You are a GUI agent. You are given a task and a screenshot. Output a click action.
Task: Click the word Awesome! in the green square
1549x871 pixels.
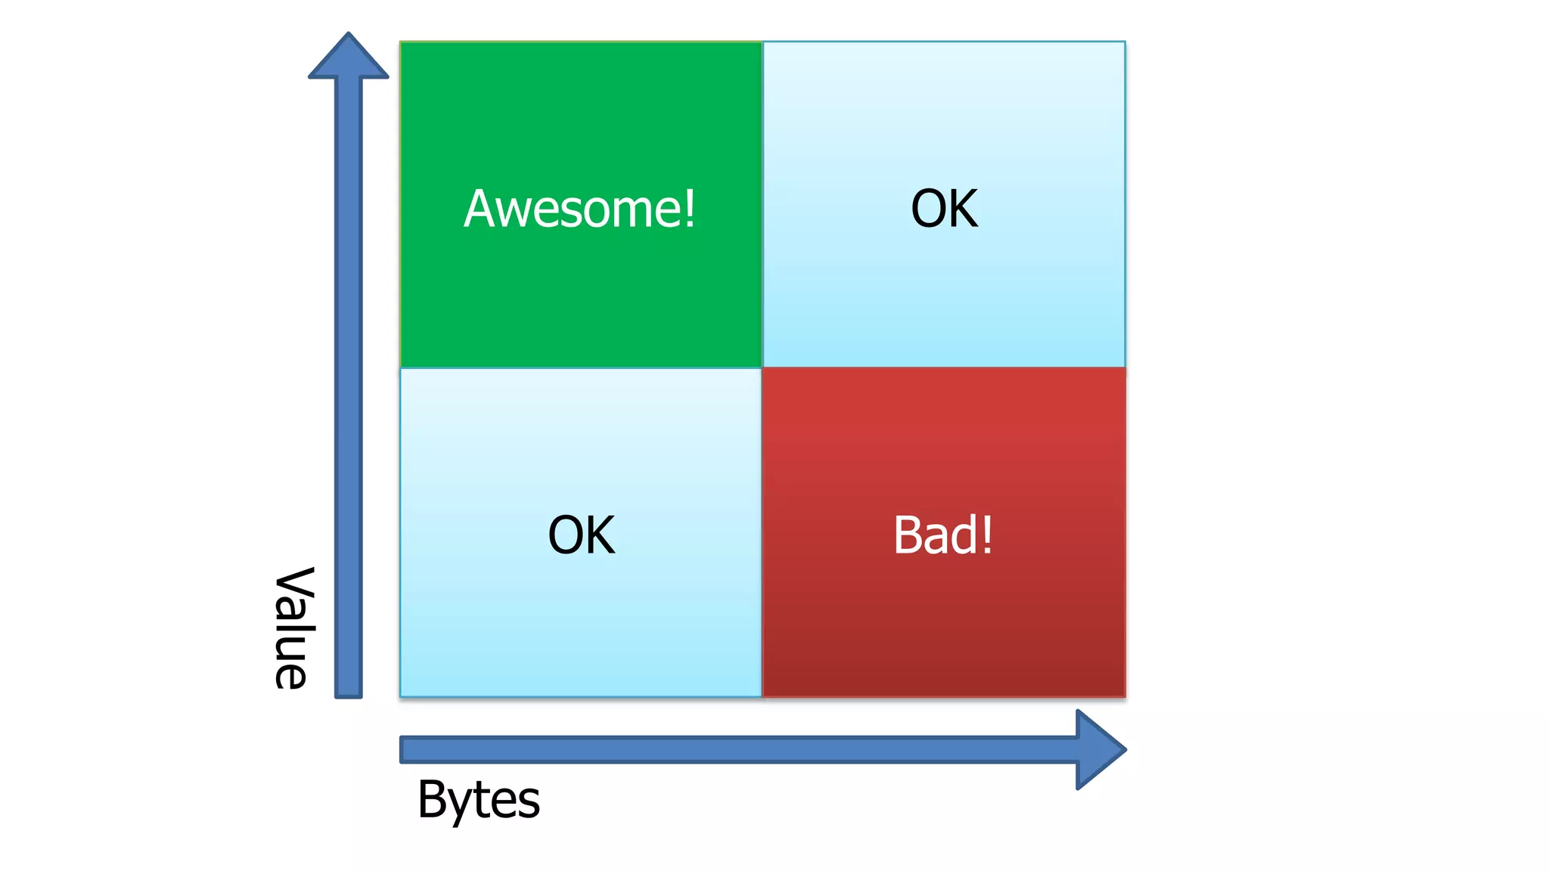[x=579, y=209]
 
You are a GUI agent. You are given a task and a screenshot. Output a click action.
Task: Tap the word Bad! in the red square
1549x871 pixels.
[x=942, y=535]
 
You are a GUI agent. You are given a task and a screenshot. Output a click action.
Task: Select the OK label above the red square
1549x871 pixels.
[x=944, y=209]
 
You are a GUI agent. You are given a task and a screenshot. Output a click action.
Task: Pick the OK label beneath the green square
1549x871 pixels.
[x=581, y=535]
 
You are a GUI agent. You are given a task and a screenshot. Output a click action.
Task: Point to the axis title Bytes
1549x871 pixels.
[x=478, y=800]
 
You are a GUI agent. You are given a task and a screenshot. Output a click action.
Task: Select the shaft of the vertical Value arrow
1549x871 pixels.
[x=349, y=378]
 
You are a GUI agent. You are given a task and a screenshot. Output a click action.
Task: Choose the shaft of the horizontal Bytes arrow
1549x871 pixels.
[x=734, y=749]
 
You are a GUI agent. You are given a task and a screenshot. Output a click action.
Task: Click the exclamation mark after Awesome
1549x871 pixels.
[x=688, y=209]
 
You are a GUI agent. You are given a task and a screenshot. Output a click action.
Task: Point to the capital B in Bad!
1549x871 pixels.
[x=908, y=535]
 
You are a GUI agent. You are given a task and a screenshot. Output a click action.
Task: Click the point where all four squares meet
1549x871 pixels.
[x=762, y=368]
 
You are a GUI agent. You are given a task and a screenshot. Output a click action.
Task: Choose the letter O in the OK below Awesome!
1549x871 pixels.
[x=566, y=535]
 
